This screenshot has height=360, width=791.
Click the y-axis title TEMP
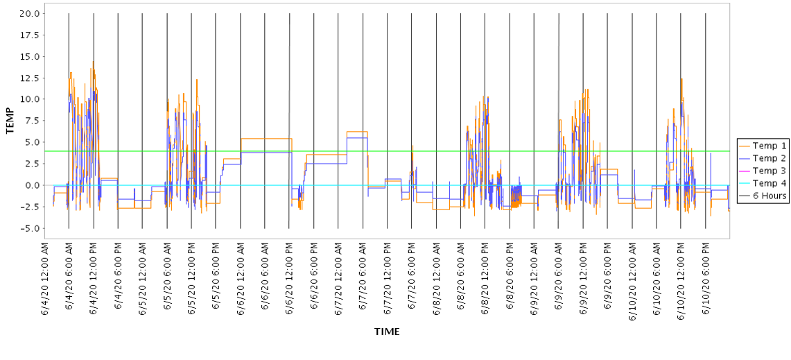click(10, 121)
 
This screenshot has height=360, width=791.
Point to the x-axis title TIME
click(387, 332)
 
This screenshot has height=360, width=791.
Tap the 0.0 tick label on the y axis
click(31, 185)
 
